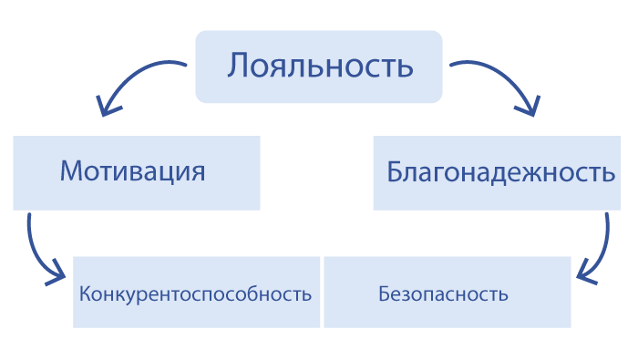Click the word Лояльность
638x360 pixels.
(320, 65)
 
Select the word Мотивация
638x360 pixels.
(133, 171)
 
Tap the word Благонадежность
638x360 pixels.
(500, 172)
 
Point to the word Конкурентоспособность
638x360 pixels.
(195, 293)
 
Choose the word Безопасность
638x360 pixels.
(443, 293)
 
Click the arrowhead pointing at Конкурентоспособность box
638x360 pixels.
(57, 274)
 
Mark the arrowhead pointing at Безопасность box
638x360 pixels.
(584, 273)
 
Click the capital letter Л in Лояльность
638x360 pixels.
(237, 66)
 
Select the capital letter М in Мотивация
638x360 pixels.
(72, 170)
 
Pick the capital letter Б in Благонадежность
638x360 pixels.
(395, 171)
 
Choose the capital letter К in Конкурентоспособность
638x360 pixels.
(86, 293)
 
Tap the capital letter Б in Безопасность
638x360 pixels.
(385, 293)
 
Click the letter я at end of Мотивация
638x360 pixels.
(198, 173)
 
